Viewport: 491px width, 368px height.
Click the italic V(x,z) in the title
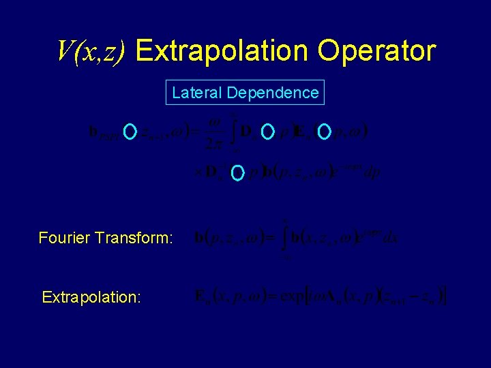click(x=91, y=51)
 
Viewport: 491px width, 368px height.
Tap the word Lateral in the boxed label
click(x=196, y=93)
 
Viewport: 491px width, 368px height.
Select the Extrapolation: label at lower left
click(x=91, y=297)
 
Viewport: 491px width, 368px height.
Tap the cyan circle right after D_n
click(x=267, y=130)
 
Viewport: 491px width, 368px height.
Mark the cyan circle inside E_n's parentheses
click(x=325, y=130)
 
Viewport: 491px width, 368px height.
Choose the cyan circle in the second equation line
click(x=237, y=173)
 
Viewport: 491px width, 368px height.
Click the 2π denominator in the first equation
click(x=214, y=143)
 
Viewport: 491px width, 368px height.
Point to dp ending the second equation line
click(x=372, y=172)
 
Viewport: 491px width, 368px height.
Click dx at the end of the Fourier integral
click(x=391, y=239)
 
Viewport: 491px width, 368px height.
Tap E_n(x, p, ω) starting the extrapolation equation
click(x=228, y=297)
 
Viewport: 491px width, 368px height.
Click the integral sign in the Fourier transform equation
click(x=286, y=239)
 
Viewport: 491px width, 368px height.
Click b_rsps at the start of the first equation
click(x=104, y=132)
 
